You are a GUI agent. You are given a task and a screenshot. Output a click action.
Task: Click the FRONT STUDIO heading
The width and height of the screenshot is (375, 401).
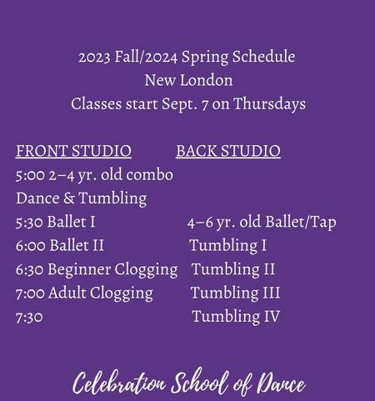click(73, 151)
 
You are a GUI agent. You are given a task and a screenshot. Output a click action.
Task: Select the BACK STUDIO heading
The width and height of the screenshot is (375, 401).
click(228, 151)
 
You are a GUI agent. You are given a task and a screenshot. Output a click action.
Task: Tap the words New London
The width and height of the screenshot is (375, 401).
click(188, 80)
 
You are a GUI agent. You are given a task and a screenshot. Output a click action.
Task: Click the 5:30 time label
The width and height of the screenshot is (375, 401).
click(29, 223)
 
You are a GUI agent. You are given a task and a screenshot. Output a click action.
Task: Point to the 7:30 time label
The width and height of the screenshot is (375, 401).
click(29, 317)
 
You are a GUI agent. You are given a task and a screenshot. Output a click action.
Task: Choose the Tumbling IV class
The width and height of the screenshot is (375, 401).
click(236, 317)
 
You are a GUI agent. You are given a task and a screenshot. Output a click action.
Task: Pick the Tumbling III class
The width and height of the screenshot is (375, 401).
click(235, 293)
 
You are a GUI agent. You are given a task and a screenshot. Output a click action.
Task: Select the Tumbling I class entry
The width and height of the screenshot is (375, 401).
click(227, 246)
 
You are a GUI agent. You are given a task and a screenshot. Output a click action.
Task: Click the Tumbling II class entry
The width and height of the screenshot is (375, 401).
click(233, 269)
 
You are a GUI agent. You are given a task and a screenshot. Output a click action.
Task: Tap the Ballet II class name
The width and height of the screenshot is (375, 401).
click(77, 246)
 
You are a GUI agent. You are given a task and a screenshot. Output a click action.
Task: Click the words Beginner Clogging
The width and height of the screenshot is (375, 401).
click(112, 270)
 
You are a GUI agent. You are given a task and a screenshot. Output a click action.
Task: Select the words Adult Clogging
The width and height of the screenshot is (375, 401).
click(101, 293)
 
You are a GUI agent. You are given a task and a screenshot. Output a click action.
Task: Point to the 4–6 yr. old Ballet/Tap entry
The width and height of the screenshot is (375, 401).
click(262, 223)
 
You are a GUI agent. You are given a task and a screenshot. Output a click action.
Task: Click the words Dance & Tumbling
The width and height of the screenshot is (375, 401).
click(82, 198)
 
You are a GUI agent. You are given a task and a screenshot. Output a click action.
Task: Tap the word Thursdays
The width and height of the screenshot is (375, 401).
click(269, 104)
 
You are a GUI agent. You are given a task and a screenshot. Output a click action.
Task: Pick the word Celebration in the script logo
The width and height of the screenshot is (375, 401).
click(119, 383)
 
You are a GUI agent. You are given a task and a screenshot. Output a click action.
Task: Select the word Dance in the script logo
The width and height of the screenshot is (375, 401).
click(281, 383)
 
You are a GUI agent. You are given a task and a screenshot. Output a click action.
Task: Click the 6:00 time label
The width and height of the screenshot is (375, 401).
click(31, 246)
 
